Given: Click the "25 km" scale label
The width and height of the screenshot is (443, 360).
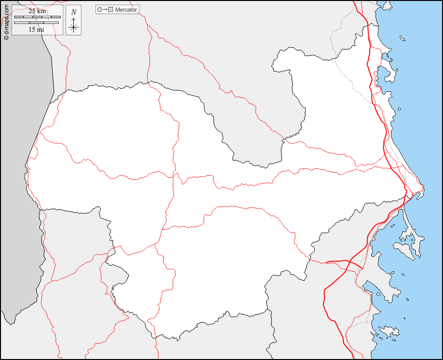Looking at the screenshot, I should pos(37,11).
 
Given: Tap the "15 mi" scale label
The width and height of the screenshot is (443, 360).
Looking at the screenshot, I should pos(36,29).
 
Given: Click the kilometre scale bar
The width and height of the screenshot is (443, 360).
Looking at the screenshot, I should pos(37,17).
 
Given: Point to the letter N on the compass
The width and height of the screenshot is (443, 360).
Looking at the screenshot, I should pos(74,12).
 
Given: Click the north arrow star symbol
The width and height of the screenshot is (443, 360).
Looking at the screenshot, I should pos(74,27).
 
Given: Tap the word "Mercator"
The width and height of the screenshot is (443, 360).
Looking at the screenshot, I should pos(126,10).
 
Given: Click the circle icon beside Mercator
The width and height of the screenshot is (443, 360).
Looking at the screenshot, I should pos(100,10).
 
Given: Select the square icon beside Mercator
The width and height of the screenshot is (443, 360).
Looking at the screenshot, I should pos(111,10).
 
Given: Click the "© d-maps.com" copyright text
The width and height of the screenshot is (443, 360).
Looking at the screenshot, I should pos(6,20).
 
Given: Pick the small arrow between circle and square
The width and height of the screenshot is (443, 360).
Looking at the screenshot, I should pos(105,10).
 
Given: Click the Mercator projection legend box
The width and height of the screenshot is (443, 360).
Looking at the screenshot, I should pos(117,10).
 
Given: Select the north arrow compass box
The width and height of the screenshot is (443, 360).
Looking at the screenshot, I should pos(74,20).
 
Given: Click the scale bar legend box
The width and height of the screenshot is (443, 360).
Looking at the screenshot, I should pos(36,20).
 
